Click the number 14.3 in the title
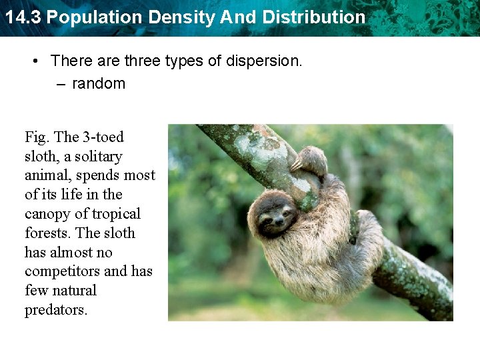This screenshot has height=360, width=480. click(x=22, y=17)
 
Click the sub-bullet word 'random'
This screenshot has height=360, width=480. click(x=99, y=83)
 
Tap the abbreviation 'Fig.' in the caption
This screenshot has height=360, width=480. click(x=37, y=137)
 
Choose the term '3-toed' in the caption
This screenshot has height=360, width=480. click(x=103, y=137)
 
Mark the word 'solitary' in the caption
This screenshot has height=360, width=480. click(x=99, y=157)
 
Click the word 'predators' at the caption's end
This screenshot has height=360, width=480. click(x=55, y=311)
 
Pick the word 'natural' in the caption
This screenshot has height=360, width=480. click(x=75, y=291)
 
